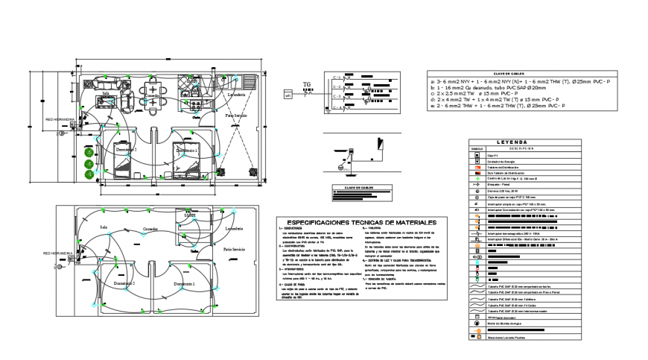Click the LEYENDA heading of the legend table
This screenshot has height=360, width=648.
[x=511, y=141]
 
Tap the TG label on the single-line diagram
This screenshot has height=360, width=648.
[x=306, y=85]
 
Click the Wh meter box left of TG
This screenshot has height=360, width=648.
[x=288, y=95]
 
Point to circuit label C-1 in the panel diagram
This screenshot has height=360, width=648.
[x=337, y=77]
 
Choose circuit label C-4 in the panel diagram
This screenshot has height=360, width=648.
[x=337, y=109]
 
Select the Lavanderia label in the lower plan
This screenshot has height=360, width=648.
[x=235, y=228]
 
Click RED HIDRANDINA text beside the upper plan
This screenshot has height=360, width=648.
[x=60, y=119]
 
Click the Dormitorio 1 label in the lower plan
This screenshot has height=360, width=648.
[x=185, y=284]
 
